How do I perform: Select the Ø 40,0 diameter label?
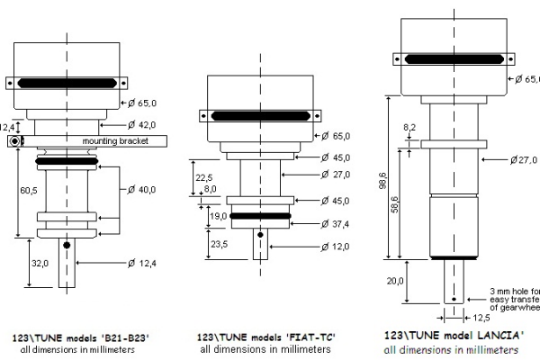[x=141, y=190]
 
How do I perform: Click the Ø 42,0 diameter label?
[x=143, y=124]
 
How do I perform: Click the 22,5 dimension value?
[x=204, y=176]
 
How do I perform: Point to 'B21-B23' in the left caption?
[x=125, y=337]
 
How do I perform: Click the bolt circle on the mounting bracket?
[x=15, y=142]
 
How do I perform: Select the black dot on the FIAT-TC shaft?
[x=261, y=236]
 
